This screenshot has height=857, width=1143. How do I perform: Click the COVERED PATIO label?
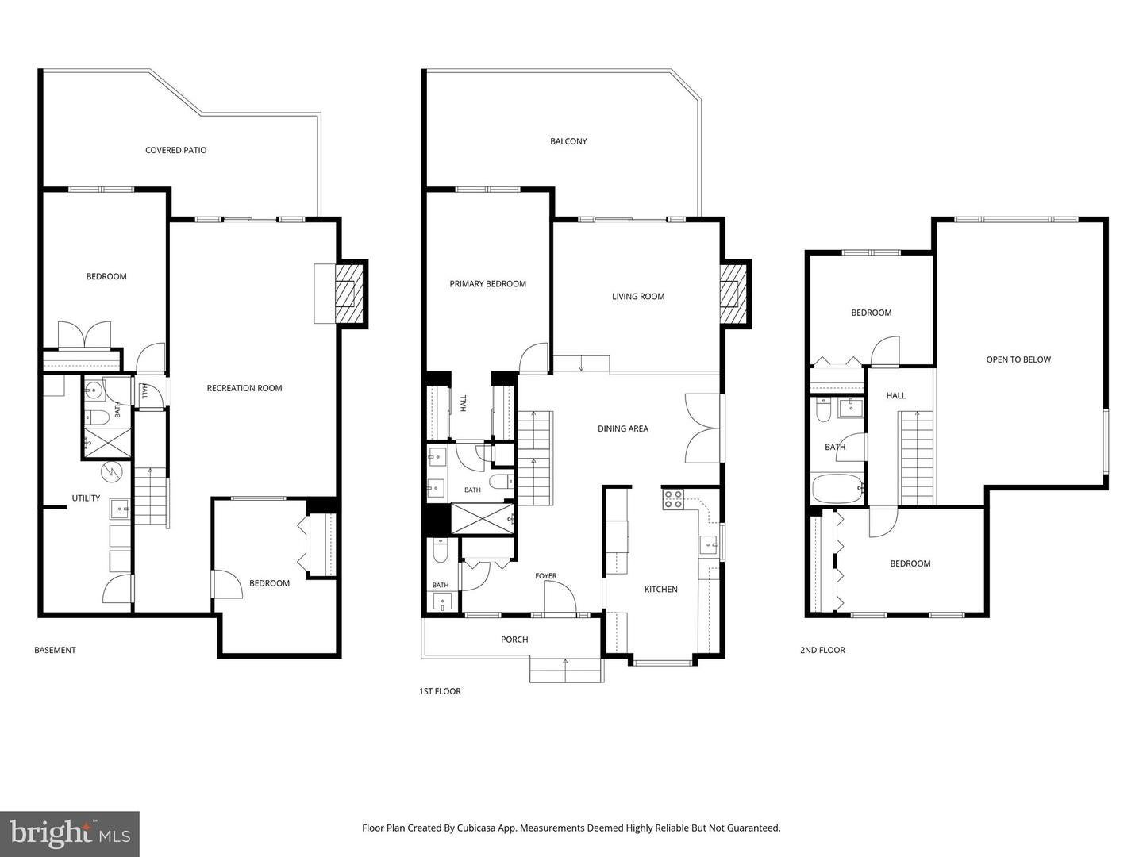coord(175,151)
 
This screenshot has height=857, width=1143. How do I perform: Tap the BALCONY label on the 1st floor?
coord(568,141)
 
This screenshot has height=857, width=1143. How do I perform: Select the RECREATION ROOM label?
coord(244,388)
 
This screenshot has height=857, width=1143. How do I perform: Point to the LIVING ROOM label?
coord(638,297)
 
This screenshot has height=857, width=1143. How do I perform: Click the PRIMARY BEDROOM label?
coord(487,284)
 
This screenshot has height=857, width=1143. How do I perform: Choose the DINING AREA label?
coord(623,428)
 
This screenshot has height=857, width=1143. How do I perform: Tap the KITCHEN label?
coord(661,590)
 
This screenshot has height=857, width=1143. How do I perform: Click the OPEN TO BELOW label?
coord(1018,359)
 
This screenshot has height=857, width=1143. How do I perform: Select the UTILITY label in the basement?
coord(86,498)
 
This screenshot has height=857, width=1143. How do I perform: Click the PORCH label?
coord(514,640)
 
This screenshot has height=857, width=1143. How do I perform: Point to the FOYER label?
coord(546,576)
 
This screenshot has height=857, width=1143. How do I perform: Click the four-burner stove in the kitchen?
coord(673,499)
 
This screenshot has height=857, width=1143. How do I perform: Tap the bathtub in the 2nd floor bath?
coord(837,488)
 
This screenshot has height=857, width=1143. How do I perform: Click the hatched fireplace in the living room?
coord(733,294)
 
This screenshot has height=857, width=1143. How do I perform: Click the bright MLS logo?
coord(70,834)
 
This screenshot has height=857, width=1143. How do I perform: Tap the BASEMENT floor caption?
coord(55,651)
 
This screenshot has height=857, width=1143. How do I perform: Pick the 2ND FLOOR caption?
coord(822,651)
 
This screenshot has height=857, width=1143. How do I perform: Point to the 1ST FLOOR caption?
coord(440,691)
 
